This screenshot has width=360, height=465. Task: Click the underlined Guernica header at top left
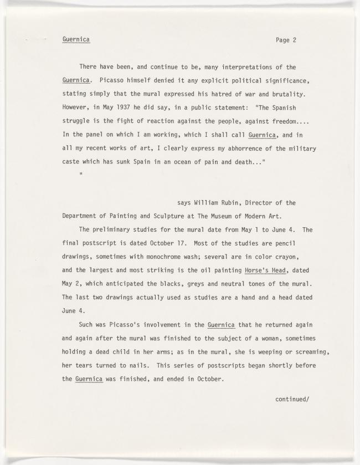point(76,39)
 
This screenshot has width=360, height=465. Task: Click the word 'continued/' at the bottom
point(292,397)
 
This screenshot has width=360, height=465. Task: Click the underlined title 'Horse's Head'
point(266,270)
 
